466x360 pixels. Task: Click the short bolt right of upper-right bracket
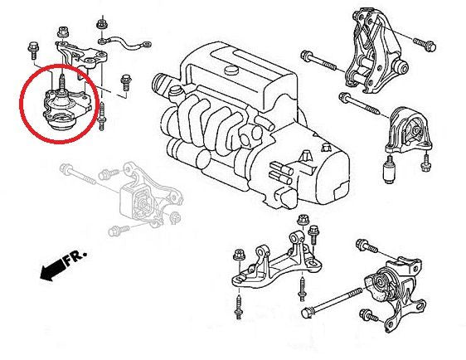424,38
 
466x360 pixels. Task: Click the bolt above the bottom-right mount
366,246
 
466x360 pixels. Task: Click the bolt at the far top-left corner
32,47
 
